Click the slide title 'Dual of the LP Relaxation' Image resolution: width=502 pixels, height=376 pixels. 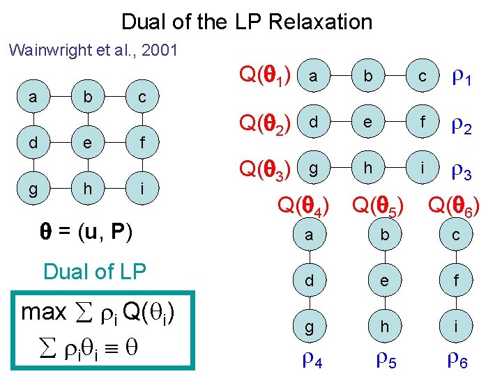pos(247,22)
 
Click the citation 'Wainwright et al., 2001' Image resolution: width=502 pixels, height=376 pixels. pos(93,50)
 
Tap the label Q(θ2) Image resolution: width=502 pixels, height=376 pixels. pos(265,125)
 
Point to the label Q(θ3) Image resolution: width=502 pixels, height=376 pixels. pos(265,170)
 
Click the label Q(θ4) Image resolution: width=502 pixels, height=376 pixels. pos(304,205)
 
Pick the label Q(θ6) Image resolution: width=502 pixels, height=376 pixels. pos(453,207)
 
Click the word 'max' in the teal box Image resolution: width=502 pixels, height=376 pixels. pos(44,312)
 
